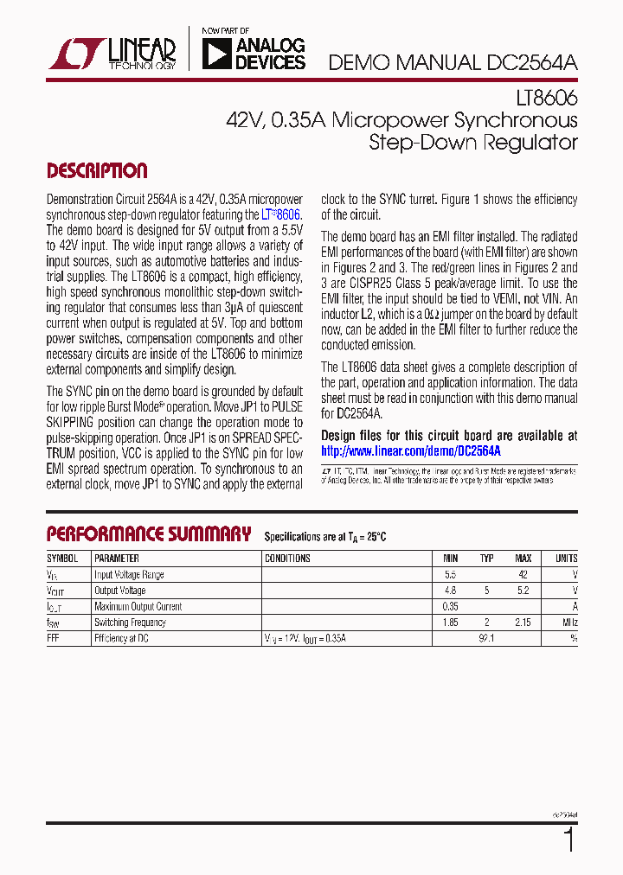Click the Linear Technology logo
[113, 53]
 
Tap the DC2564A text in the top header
[529, 62]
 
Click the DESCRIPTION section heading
[97, 170]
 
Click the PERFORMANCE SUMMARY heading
[149, 533]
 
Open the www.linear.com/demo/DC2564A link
[411, 450]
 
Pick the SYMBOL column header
[62, 559]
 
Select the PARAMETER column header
[117, 559]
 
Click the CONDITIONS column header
[287, 559]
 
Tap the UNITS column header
[566, 559]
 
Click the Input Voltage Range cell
[129, 574]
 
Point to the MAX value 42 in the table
[523, 574]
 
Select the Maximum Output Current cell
[138, 606]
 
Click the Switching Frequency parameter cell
[130, 622]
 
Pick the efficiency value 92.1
[486, 638]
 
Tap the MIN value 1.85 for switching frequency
[450, 622]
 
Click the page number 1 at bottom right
[568, 840]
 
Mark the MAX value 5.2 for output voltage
[523, 591]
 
